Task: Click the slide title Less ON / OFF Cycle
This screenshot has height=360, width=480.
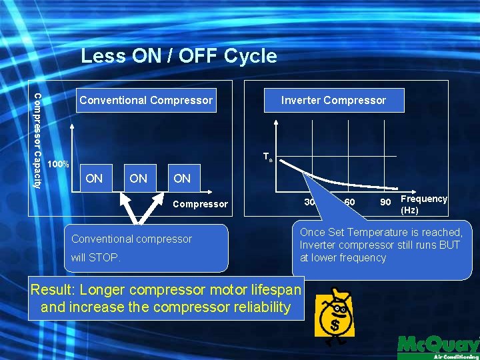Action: pyautogui.click(x=179, y=56)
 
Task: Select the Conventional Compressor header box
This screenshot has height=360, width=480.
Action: pyautogui.click(x=146, y=101)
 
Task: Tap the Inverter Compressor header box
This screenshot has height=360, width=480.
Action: pyautogui.click(x=333, y=101)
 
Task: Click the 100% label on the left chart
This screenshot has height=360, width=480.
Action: pyautogui.click(x=59, y=164)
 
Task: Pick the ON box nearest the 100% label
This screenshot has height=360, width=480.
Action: pyautogui.click(x=95, y=178)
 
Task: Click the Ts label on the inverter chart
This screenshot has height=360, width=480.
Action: pyautogui.click(x=267, y=157)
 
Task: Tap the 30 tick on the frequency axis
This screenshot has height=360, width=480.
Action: pyautogui.click(x=309, y=202)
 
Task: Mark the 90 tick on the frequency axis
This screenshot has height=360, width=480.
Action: pyautogui.click(x=385, y=202)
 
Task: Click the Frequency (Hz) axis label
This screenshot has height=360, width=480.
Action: pyautogui.click(x=423, y=204)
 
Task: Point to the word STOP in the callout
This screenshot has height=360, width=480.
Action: pyautogui.click(x=107, y=257)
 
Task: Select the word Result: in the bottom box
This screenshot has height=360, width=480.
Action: pyautogui.click(x=56, y=290)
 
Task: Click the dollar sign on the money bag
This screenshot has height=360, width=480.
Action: pyautogui.click(x=333, y=325)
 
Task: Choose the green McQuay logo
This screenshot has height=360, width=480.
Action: pyautogui.click(x=438, y=345)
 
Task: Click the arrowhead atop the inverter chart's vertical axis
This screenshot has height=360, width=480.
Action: pyautogui.click(x=276, y=123)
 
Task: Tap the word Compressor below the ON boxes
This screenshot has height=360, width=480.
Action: pyautogui.click(x=200, y=204)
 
